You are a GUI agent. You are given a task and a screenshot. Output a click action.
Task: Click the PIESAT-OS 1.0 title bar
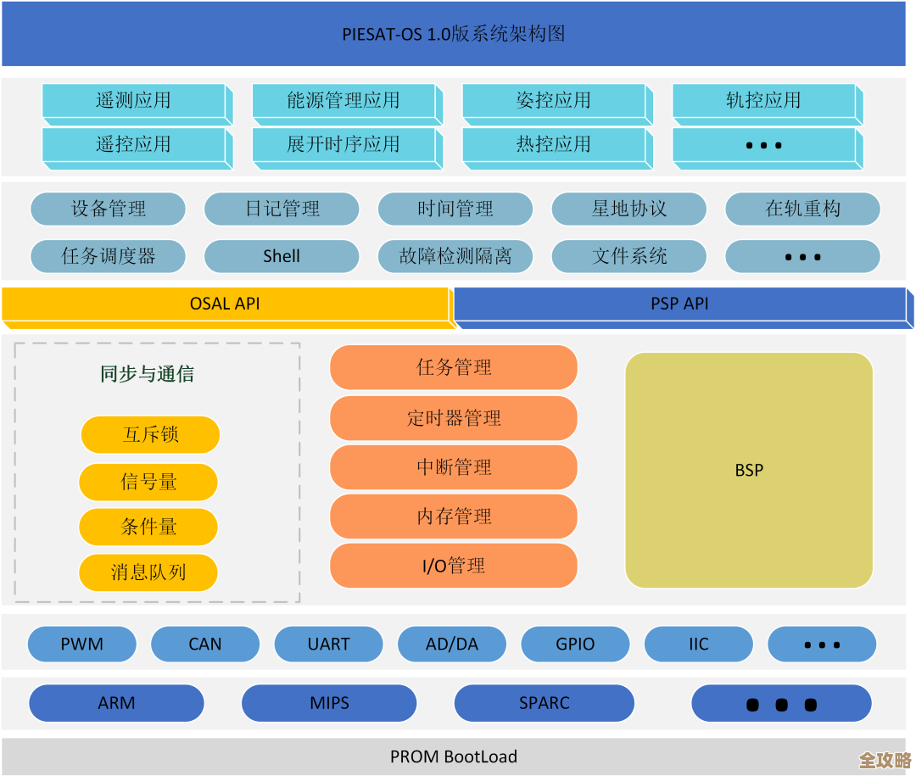[454, 34]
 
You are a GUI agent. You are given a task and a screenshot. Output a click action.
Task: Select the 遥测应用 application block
[133, 100]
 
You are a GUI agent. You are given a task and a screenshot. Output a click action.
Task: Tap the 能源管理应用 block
[343, 100]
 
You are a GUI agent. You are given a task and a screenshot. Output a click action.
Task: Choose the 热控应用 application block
[554, 144]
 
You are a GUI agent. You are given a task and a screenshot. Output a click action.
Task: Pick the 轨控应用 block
[763, 100]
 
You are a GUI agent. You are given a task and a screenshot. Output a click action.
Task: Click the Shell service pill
[282, 256]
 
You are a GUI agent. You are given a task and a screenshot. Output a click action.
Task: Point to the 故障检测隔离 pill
[455, 256]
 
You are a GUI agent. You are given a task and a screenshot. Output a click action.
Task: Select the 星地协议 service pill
[629, 209]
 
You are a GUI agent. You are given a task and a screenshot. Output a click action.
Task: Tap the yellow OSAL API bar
[225, 304]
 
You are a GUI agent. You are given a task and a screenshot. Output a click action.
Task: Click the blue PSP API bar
[679, 304]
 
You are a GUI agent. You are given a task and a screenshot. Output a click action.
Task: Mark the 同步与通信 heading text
[148, 374]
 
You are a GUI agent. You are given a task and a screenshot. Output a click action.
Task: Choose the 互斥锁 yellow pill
[150, 435]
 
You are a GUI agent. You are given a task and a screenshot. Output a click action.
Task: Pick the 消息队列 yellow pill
[148, 572]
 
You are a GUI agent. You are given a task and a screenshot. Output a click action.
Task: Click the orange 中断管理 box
[454, 467]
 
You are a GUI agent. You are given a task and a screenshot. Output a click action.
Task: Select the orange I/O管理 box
[454, 566]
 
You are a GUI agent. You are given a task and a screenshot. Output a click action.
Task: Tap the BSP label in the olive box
[749, 470]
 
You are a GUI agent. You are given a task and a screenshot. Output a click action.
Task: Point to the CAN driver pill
[205, 645]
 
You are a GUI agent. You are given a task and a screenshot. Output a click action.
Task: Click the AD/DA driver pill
[452, 645]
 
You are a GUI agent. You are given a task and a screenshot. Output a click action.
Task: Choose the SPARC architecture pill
[545, 703]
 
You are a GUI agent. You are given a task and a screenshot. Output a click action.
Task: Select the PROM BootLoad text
[454, 756]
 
